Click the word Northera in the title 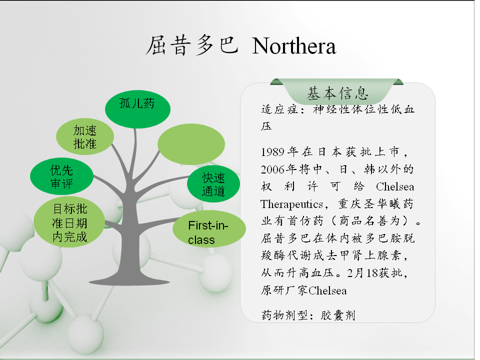[294, 46]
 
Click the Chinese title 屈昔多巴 [192, 46]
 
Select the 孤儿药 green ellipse [137, 109]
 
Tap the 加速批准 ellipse [85, 136]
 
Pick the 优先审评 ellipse [62, 176]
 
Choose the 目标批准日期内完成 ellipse [69, 222]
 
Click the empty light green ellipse [191, 144]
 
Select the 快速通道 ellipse [213, 184]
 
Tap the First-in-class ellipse [209, 228]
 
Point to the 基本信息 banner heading [337, 93]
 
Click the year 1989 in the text [272, 152]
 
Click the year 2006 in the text [272, 169]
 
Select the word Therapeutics [291, 204]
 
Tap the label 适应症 [279, 109]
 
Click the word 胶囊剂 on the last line [337, 315]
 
